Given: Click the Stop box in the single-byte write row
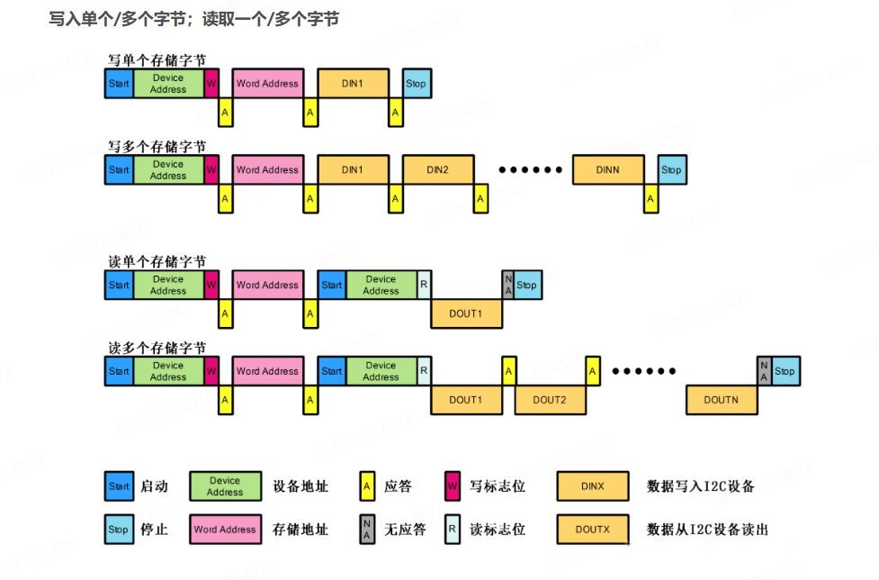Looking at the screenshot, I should (x=416, y=84).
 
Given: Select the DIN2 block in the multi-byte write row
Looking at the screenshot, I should (x=437, y=170).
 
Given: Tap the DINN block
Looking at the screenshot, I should (x=608, y=170).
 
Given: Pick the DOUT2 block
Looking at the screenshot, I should (x=549, y=400).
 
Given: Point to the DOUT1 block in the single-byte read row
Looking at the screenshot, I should (x=466, y=313).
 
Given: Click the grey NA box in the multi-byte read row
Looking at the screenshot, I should (x=764, y=371).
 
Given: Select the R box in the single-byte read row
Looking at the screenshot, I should (x=424, y=285).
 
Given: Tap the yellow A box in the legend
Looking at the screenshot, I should (x=367, y=486).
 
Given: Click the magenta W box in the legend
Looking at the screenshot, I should (x=453, y=486).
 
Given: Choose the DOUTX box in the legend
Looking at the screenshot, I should (x=592, y=530).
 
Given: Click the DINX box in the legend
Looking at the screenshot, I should (x=592, y=486).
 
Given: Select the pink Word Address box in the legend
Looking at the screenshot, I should (x=225, y=530).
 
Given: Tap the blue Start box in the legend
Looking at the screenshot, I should (x=119, y=486).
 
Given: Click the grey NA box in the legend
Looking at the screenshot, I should (x=367, y=530).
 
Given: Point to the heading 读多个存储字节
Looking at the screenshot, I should (x=157, y=348).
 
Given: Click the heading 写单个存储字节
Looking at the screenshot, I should (x=157, y=60).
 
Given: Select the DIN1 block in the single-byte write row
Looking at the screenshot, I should (x=353, y=84).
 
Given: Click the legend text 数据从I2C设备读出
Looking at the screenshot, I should (x=707, y=530).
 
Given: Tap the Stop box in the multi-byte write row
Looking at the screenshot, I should (x=671, y=170).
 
